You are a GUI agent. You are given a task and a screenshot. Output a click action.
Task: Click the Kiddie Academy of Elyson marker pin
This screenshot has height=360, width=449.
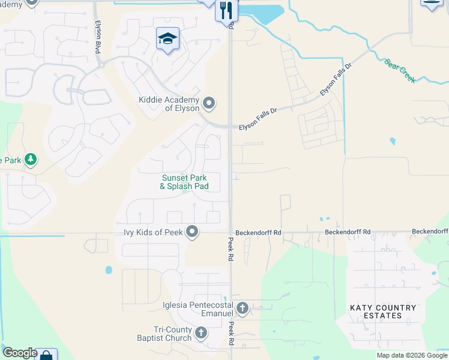[x=209, y=104]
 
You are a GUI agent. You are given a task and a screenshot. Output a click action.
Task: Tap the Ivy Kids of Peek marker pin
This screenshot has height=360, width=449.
[x=192, y=232]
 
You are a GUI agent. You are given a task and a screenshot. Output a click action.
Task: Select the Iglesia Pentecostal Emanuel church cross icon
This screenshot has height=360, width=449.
[x=243, y=309]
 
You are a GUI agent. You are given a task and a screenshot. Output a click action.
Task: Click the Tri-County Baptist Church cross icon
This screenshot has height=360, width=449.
[x=201, y=333]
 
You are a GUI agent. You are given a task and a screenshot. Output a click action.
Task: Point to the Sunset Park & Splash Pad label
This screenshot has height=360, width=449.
[x=184, y=182]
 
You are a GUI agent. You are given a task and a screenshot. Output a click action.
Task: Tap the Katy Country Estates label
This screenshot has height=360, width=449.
[x=383, y=311]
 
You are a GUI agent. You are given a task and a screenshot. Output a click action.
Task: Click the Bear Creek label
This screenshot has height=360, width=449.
[x=400, y=71]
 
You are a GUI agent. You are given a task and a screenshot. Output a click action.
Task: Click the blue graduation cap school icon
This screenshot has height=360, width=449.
[x=167, y=39]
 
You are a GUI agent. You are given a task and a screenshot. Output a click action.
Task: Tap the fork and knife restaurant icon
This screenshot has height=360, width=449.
[x=226, y=10]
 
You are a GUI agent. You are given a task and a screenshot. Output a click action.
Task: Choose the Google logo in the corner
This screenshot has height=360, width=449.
[x=19, y=353]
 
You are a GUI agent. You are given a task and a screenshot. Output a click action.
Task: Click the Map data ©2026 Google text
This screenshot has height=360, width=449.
[x=412, y=355]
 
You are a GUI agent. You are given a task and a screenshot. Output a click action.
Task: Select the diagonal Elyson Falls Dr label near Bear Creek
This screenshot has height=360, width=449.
[x=336, y=81]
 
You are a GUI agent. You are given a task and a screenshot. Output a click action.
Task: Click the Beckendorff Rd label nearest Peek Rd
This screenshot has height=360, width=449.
[x=258, y=232]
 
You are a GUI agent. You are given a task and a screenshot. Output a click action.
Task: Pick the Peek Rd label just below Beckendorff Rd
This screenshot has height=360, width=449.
[x=230, y=248]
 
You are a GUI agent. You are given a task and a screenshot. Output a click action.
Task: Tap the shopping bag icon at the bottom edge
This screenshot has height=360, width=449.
[x=46, y=355]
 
